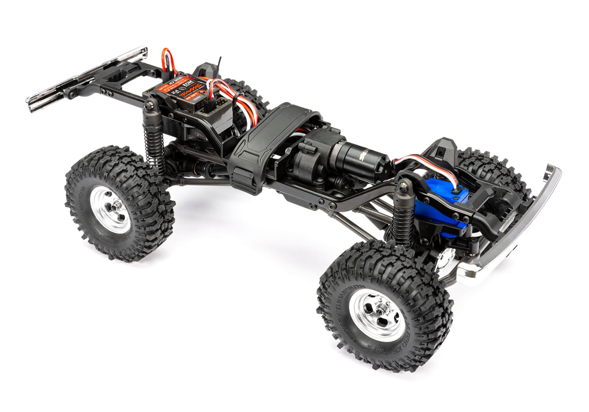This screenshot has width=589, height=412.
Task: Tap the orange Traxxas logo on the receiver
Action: (x=190, y=94)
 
